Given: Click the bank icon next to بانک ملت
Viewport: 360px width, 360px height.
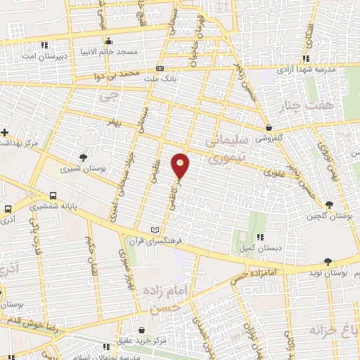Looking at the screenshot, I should [160, 69].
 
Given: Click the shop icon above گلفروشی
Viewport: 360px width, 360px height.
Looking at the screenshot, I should [269, 127].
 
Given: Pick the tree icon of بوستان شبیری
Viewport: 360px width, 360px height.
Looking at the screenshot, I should [84, 157].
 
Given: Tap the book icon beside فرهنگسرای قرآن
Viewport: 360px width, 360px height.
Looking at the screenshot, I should [156, 230].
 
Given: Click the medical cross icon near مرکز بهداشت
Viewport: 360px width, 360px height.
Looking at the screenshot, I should [5, 132].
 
